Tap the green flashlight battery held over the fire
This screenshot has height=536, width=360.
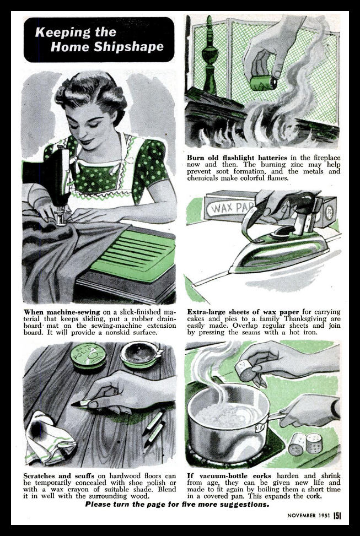264,83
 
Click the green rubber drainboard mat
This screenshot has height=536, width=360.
133,254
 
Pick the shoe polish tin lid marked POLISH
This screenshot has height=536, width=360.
88,356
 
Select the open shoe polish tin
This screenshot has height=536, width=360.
140,354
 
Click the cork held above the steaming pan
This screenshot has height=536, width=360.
245,371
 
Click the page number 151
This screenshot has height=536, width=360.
337,516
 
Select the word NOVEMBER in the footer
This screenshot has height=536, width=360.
301,516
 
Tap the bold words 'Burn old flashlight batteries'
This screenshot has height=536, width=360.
237,158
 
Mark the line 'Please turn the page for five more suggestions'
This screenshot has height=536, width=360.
178,504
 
